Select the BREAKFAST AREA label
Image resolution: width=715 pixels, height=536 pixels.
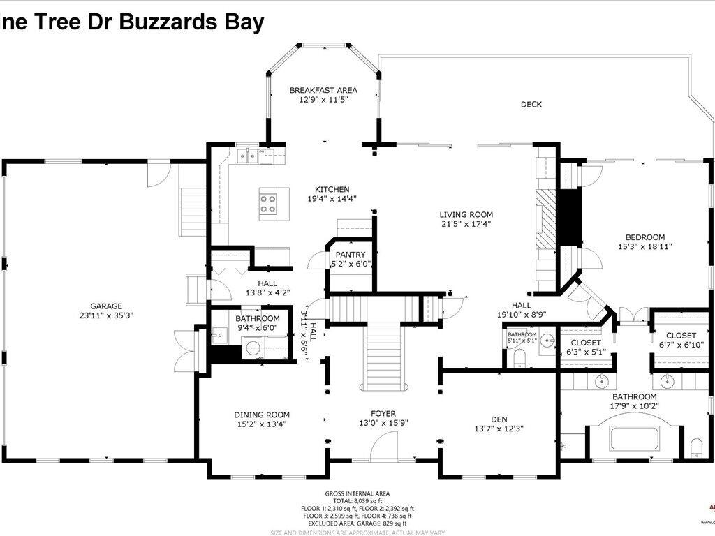(x=323, y=90)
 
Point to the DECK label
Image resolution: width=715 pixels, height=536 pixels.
(x=531, y=105)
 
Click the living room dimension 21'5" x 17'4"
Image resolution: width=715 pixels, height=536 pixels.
(x=466, y=224)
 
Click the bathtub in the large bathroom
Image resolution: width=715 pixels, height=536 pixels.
(x=634, y=438)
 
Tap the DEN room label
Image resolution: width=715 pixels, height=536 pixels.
(x=499, y=419)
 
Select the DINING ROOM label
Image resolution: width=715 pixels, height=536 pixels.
(x=262, y=415)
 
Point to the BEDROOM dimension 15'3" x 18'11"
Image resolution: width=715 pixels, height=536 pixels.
(x=644, y=246)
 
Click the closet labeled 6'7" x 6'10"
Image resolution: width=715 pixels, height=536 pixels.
(x=680, y=341)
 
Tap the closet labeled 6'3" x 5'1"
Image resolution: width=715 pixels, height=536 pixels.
(x=586, y=348)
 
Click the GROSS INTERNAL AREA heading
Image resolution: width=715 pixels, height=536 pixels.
(x=362, y=493)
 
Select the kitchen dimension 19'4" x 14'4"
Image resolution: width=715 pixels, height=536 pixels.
(x=332, y=198)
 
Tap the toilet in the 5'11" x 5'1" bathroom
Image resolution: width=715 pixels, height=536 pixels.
(x=518, y=357)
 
